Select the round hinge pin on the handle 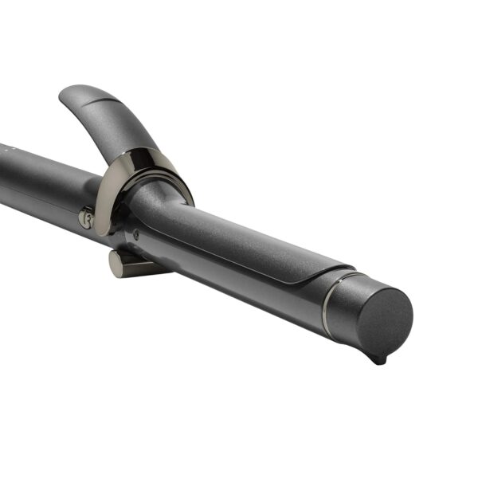[86, 217]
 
